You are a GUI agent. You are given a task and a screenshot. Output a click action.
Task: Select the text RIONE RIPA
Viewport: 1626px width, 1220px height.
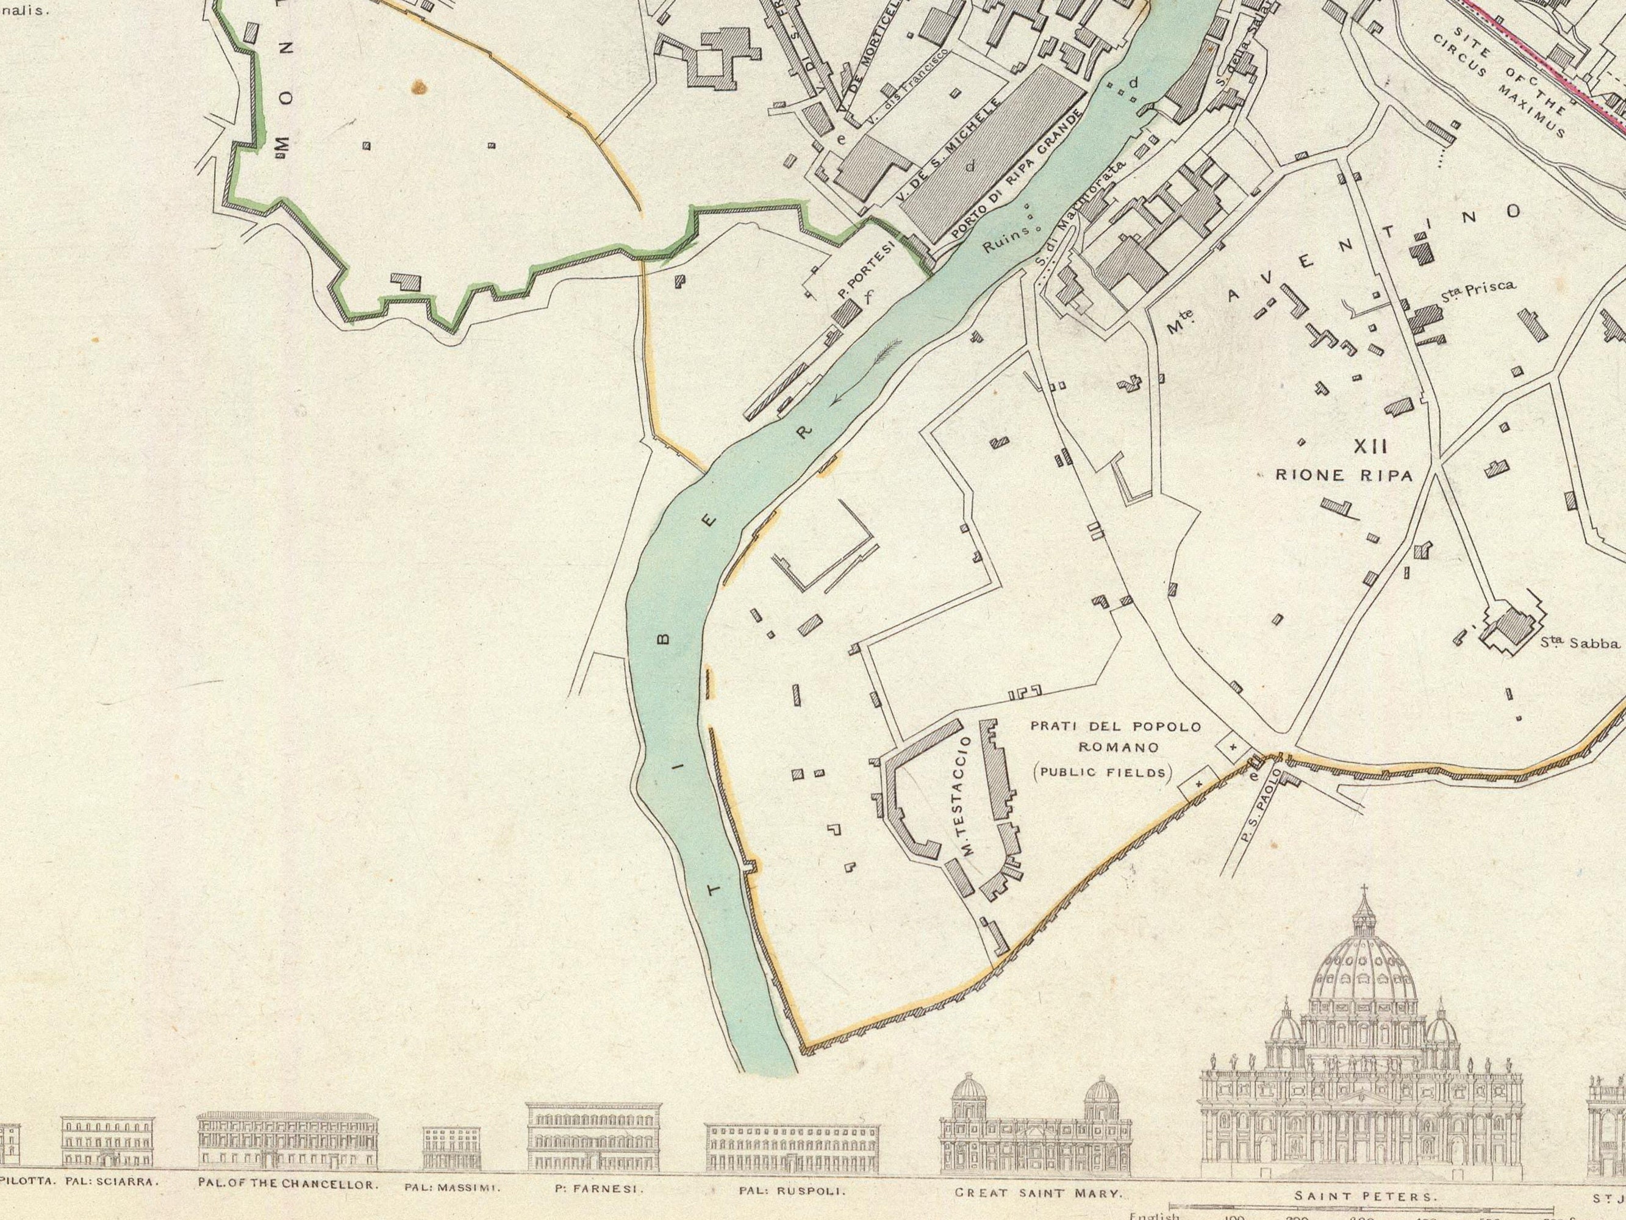point(1343,476)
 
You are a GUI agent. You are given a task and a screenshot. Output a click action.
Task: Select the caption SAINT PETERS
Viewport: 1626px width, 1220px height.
point(1364,1196)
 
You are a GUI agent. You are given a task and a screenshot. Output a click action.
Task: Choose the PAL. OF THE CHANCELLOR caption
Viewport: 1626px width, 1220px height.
point(288,1185)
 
